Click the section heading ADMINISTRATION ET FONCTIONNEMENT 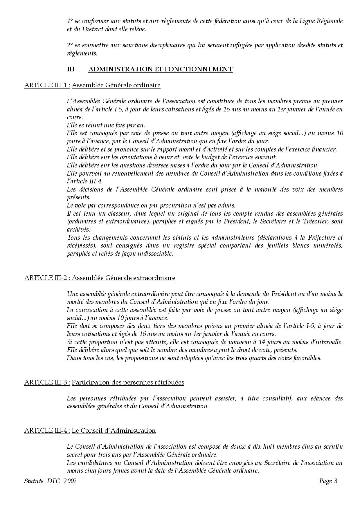(160, 69)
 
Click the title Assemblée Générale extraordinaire (123, 278)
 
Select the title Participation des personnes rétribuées (128, 382)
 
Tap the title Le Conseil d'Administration (114, 431)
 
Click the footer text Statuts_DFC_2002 (51, 481)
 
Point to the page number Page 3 (328, 481)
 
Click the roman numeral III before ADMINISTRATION (71, 69)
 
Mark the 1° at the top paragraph (70, 21)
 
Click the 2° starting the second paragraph (70, 45)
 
